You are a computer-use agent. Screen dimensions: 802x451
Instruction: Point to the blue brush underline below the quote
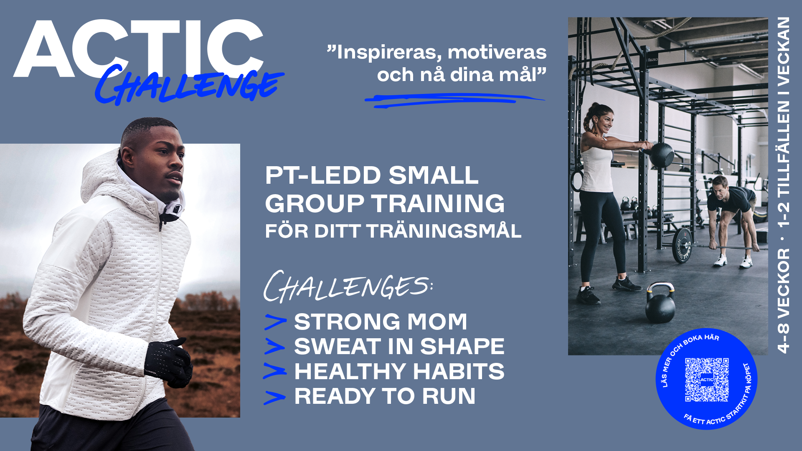pyautogui.click(x=454, y=100)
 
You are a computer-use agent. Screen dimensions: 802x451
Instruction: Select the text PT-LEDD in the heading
pyautogui.click(x=323, y=175)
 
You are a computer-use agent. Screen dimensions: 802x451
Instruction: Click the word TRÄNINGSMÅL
pyautogui.click(x=444, y=231)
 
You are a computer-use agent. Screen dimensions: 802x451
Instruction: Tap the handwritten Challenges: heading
pyautogui.click(x=348, y=286)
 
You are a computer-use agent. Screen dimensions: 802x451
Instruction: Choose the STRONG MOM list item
pyautogui.click(x=381, y=322)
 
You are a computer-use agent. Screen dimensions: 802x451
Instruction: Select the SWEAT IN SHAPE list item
pyautogui.click(x=399, y=346)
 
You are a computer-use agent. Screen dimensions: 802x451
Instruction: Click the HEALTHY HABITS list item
pyautogui.click(x=399, y=371)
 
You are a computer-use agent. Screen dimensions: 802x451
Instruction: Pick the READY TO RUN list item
pyautogui.click(x=385, y=396)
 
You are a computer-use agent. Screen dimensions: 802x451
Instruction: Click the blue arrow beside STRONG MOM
pyautogui.click(x=275, y=322)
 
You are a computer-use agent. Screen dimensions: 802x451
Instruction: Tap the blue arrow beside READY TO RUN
pyautogui.click(x=274, y=398)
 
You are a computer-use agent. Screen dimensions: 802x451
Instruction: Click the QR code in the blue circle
pyautogui.click(x=707, y=380)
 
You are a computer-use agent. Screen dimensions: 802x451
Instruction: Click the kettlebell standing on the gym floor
pyautogui.click(x=660, y=303)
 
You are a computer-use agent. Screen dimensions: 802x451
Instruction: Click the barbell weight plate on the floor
pyautogui.click(x=682, y=245)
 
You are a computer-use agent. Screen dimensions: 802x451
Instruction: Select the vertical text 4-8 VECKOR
pyautogui.click(x=784, y=301)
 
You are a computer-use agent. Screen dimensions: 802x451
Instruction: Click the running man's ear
pyautogui.click(x=125, y=156)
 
